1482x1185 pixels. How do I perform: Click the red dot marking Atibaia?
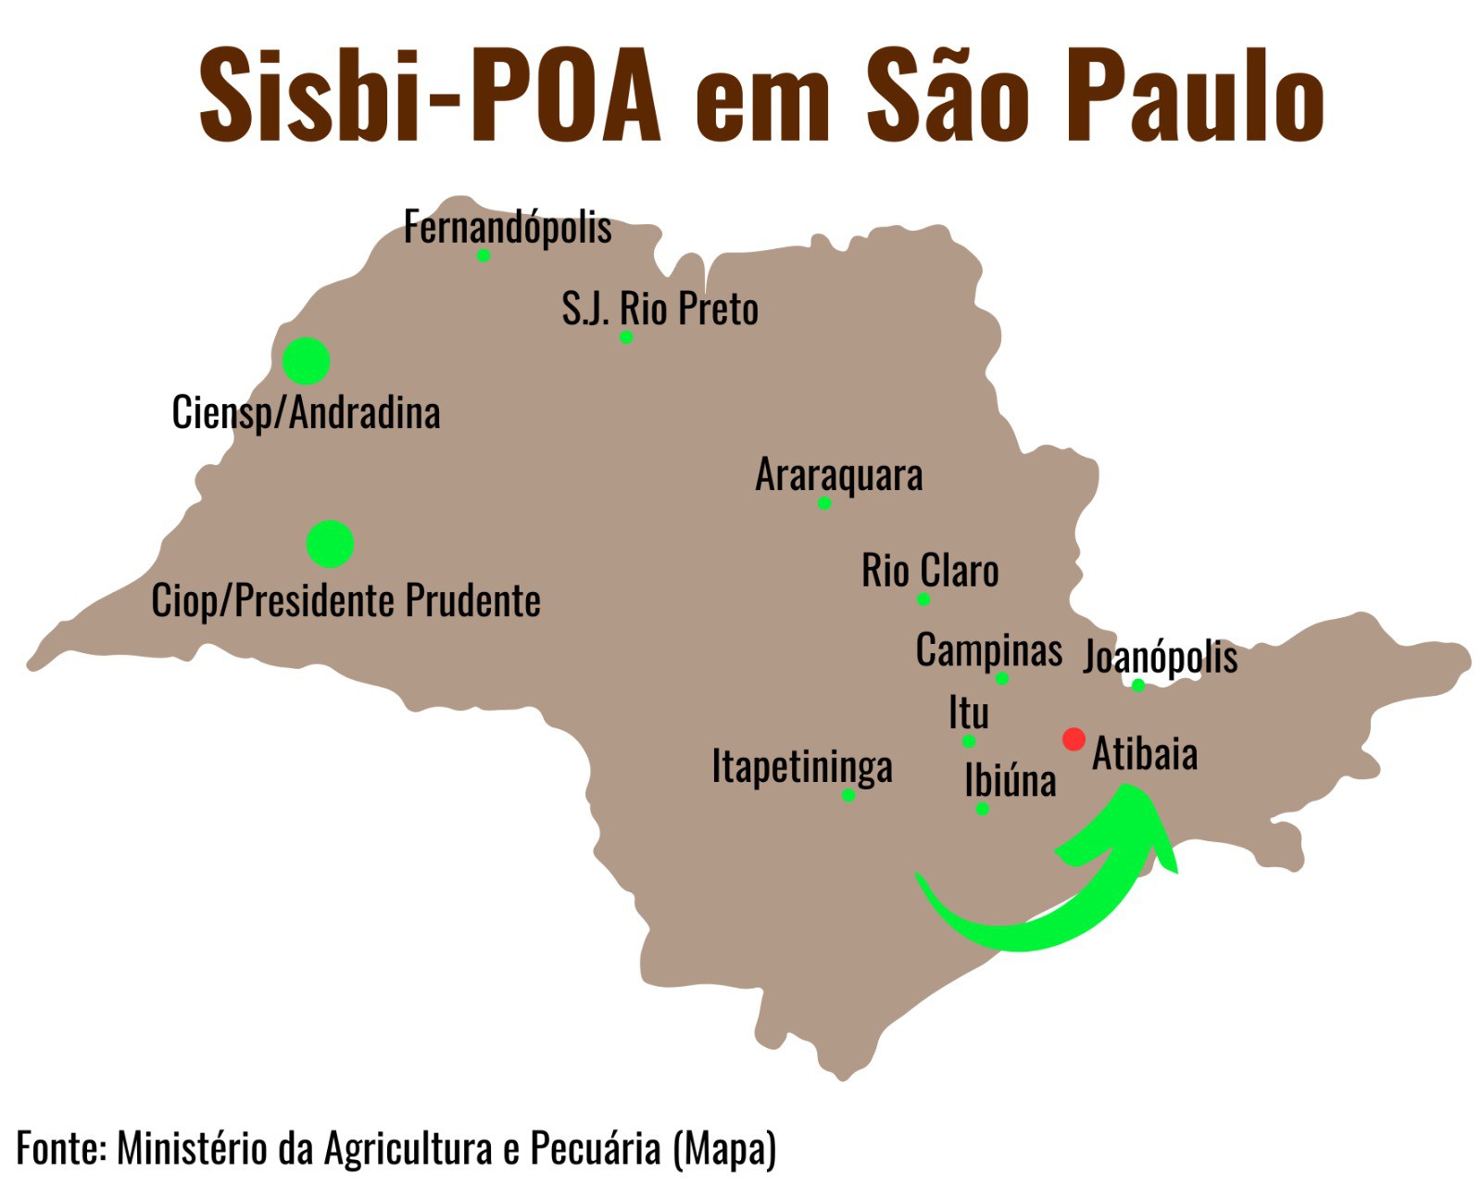[x=1074, y=739]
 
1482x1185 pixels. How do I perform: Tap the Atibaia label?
[x=1145, y=754]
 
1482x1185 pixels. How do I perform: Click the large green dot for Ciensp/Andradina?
[x=307, y=361]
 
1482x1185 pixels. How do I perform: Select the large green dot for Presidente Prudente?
[x=331, y=544]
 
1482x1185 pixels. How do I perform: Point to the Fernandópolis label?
[x=508, y=228]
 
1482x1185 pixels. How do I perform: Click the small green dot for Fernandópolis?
[x=484, y=256]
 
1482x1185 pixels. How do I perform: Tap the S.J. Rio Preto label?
[x=659, y=309]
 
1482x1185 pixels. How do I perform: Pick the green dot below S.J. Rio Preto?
[x=626, y=337]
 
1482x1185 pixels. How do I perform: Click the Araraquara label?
[x=839, y=475]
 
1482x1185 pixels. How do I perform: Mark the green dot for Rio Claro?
[x=923, y=599]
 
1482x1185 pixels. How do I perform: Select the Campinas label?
[x=988, y=650]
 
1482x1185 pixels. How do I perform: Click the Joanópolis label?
[x=1161, y=657]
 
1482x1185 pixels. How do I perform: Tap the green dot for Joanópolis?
[x=1138, y=686]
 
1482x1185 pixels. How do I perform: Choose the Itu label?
[x=969, y=713]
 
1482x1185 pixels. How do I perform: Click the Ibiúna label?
[x=1010, y=780]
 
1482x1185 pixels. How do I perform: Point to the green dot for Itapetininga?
[x=848, y=795]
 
